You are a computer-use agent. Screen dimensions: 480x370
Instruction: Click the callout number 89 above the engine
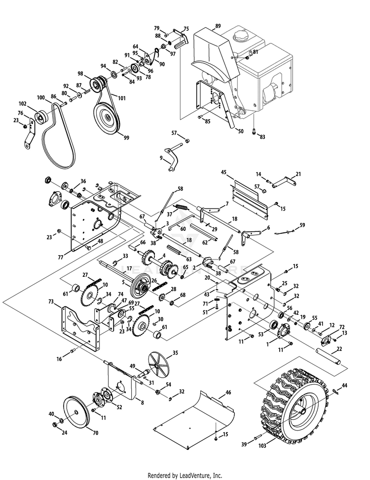218,25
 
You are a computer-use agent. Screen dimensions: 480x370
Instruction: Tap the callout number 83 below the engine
262,136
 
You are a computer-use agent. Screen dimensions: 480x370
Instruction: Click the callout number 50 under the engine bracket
240,131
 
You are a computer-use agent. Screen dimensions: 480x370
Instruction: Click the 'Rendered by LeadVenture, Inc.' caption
185,476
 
